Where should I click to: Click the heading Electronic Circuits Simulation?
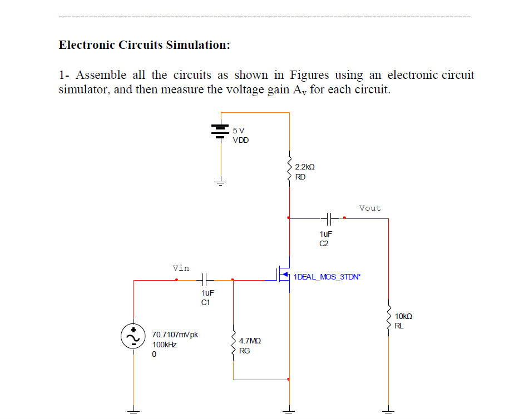click(144, 45)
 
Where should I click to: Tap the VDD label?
click(241, 140)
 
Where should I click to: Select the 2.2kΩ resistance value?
click(305, 167)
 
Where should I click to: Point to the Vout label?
click(370, 208)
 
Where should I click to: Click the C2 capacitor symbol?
click(329, 218)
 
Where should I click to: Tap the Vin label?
click(181, 268)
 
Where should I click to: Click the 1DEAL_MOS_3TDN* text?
click(327, 276)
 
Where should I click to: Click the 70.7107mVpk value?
click(175, 335)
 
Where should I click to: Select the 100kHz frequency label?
click(165, 345)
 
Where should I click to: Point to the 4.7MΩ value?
click(249, 341)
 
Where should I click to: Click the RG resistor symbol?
click(233, 345)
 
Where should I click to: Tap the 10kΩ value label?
click(403, 316)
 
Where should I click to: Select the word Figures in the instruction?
click(310, 75)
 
